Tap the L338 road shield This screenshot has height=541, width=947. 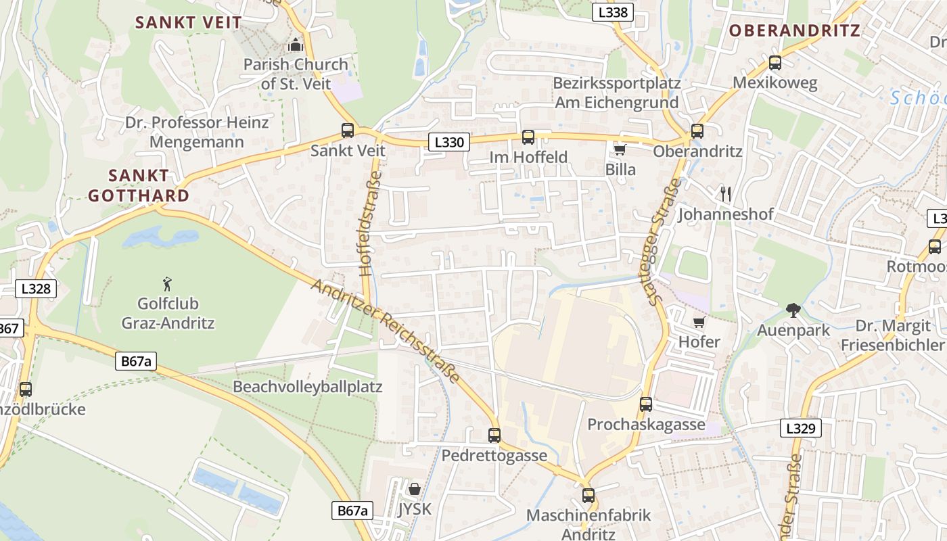pyautogui.click(x=614, y=11)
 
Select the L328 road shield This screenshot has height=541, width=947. pyautogui.click(x=36, y=289)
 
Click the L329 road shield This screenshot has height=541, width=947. pyautogui.click(x=803, y=428)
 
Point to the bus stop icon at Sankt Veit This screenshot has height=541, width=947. pyautogui.click(x=348, y=131)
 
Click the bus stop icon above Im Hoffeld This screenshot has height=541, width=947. pyautogui.click(x=528, y=137)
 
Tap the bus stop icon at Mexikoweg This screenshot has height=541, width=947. pyautogui.click(x=775, y=63)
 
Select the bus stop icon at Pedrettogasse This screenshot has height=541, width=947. pyautogui.click(x=494, y=436)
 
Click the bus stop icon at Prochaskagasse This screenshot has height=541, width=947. pyautogui.click(x=646, y=404)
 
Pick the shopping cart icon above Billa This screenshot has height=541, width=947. pyautogui.click(x=620, y=149)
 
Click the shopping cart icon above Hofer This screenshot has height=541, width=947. pyautogui.click(x=699, y=322)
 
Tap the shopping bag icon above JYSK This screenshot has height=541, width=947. pyautogui.click(x=414, y=488)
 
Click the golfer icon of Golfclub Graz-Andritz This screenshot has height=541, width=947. pyautogui.click(x=168, y=284)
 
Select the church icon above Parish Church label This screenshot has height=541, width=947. pyautogui.click(x=296, y=45)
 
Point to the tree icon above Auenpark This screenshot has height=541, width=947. pyautogui.click(x=793, y=310)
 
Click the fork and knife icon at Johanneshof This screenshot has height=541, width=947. pyautogui.click(x=726, y=194)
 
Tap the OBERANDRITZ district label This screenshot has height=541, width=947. pyautogui.click(x=794, y=30)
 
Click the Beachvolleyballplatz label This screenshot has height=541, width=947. pyautogui.click(x=308, y=387)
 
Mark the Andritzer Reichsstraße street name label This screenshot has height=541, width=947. pyautogui.click(x=386, y=331)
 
